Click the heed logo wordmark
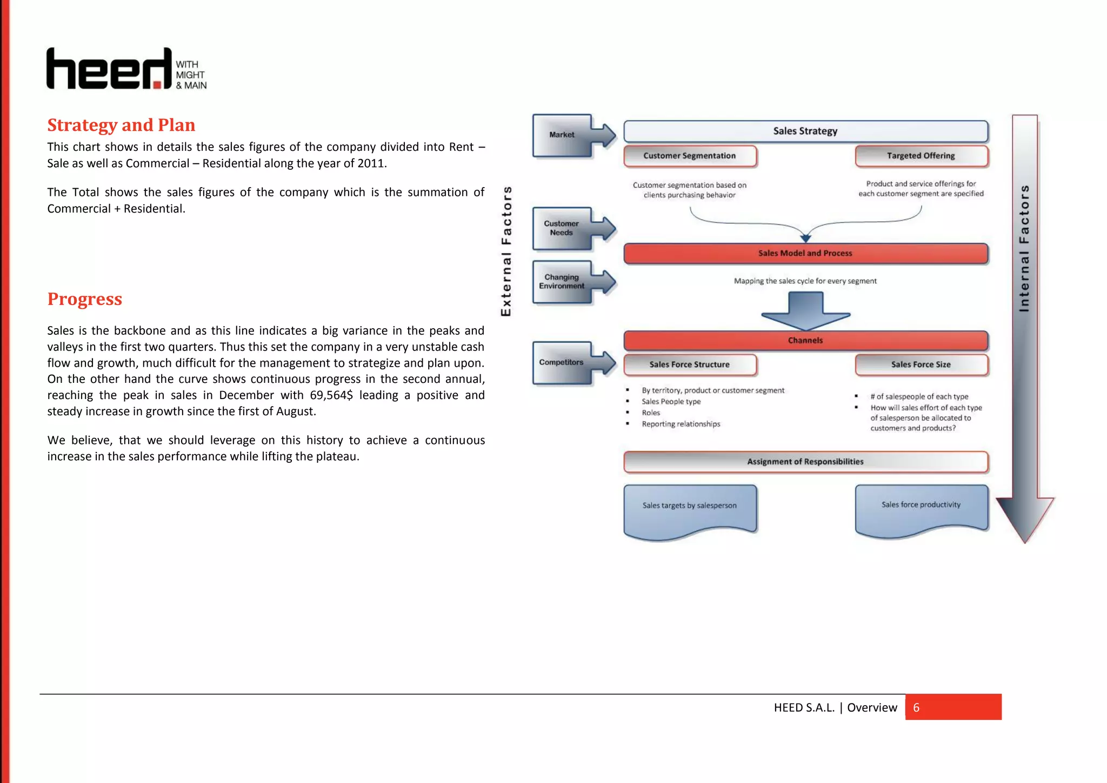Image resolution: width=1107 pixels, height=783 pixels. pos(109,69)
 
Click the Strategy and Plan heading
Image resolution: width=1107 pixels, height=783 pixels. pos(121,125)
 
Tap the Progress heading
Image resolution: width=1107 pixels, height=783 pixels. pos(85,299)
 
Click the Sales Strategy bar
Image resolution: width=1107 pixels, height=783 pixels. pos(805,131)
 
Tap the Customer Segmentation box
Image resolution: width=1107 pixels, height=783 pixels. pos(690,156)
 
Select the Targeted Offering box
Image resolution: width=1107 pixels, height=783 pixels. pos(921,156)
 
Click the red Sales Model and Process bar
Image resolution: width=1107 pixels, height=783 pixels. pos(805,254)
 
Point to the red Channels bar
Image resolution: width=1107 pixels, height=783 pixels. pos(805,341)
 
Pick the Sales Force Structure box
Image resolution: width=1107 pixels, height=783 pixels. pos(690,365)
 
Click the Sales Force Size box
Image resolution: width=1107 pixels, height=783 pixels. pos(921,365)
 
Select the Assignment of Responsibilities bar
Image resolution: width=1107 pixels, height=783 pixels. pos(805,462)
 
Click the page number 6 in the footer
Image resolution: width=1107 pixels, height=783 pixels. pos(916,708)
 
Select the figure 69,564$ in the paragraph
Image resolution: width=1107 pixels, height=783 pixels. pos(331,395)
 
